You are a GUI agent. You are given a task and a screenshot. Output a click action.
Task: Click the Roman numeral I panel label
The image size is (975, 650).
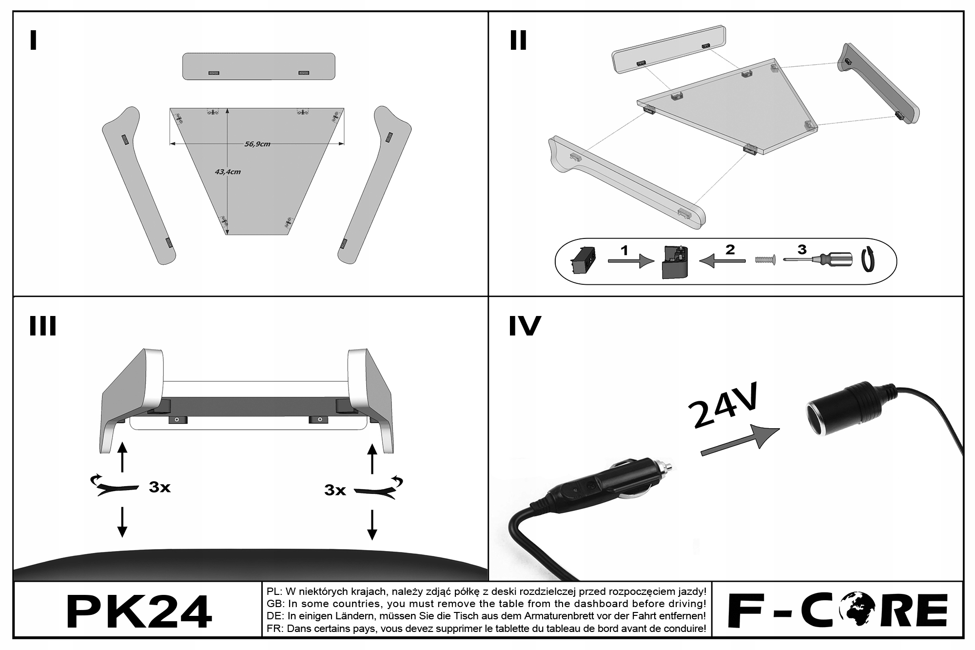click(33, 40)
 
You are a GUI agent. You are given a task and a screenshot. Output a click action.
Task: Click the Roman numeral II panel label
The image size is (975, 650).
click(518, 40)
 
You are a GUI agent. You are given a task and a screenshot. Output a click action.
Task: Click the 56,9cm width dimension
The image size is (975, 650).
click(257, 144)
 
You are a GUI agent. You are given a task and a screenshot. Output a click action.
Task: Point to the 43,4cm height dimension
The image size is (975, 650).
click(228, 172)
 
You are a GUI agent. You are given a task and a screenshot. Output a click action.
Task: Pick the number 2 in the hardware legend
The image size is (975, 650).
click(730, 250)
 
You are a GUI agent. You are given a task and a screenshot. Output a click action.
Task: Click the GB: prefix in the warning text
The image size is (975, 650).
click(275, 604)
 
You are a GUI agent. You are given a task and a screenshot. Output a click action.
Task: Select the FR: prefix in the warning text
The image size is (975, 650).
click(275, 629)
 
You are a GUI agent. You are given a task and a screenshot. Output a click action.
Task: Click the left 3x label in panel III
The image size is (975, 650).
click(159, 487)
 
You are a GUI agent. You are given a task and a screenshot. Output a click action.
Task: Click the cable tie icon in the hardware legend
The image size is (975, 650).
click(867, 259)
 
